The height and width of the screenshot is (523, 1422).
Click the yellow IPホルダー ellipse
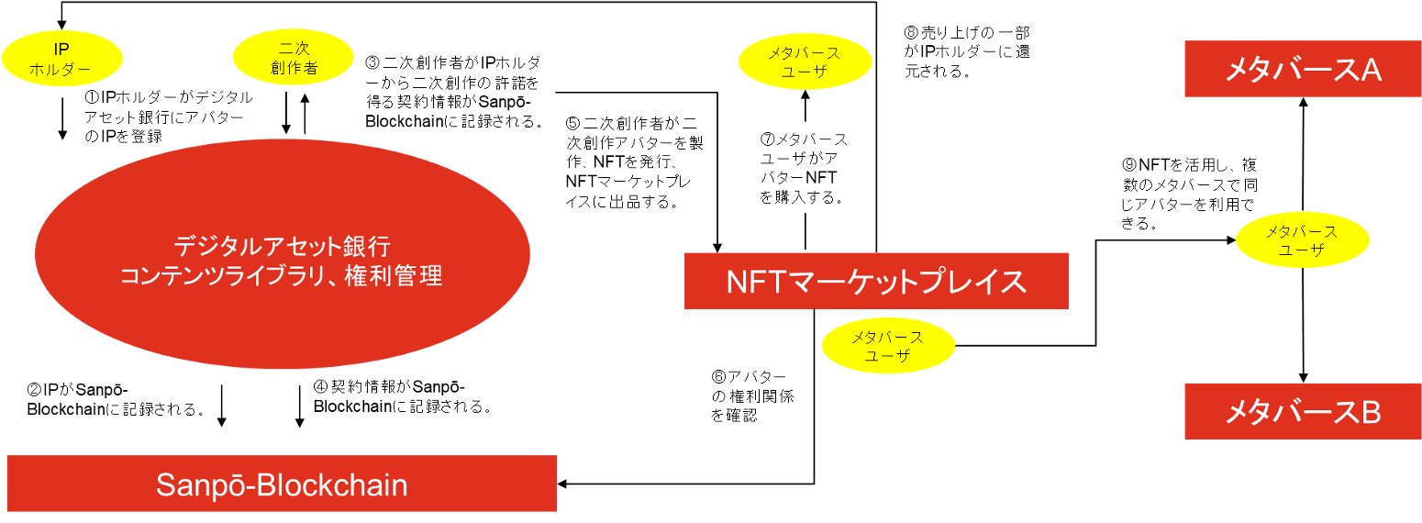point(61,57)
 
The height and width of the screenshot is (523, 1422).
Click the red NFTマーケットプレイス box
point(876,281)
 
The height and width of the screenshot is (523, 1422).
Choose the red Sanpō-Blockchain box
point(282,484)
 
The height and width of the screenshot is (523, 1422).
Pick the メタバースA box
point(1304,69)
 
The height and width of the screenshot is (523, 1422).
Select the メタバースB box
point(1304,412)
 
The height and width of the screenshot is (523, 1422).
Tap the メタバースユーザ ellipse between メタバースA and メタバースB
point(1302,240)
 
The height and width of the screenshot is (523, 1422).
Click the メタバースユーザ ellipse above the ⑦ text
point(804,62)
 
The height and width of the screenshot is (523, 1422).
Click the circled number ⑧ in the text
point(911,32)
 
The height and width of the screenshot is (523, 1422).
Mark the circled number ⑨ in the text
point(1129,166)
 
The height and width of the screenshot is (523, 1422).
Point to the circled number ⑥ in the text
point(718,377)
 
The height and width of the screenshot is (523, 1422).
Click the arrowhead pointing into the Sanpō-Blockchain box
point(562,484)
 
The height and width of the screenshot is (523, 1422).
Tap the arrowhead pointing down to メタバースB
point(1304,378)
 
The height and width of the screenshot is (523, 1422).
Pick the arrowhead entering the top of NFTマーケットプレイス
point(717,247)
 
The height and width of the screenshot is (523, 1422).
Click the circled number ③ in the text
point(372,63)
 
